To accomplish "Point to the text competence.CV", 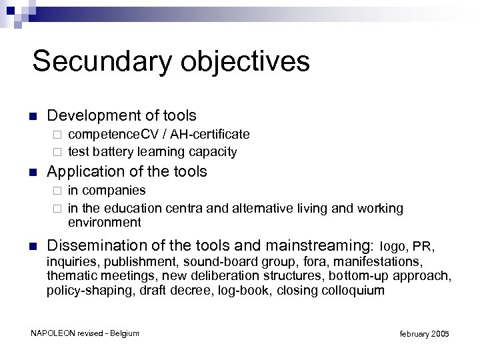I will coord(109,135).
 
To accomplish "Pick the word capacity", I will coord(213,151).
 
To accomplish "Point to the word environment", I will coord(105,222).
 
